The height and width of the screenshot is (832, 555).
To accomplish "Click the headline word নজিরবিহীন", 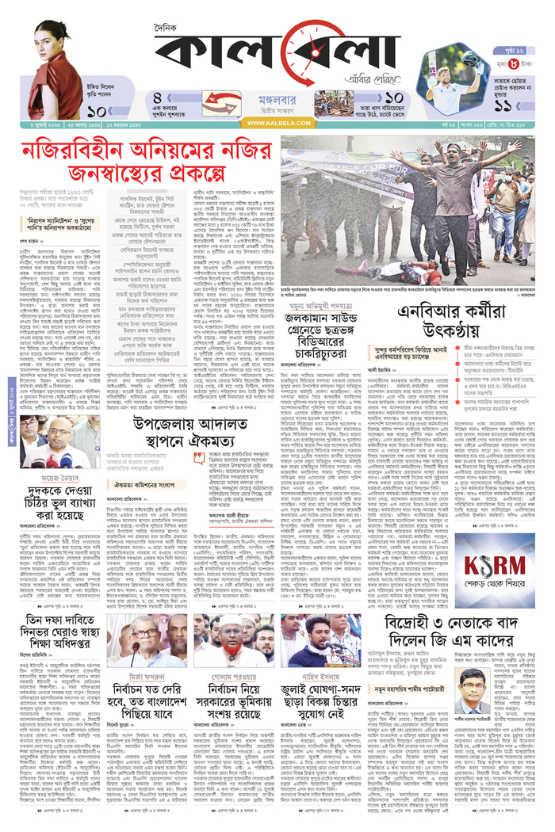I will pyautogui.click(x=75, y=147).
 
